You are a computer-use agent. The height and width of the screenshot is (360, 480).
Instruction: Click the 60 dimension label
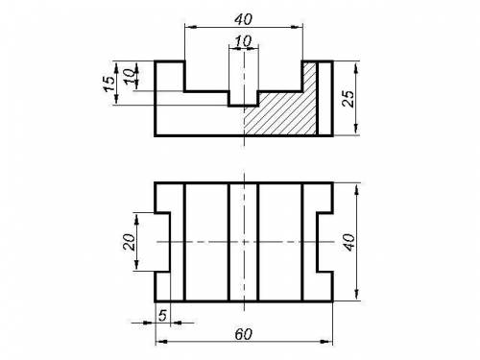click(244, 334)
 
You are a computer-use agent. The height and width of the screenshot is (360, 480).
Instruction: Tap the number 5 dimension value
click(162, 316)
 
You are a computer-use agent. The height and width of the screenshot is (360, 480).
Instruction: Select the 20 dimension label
click(129, 242)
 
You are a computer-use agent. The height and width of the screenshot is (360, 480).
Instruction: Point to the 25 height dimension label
click(348, 99)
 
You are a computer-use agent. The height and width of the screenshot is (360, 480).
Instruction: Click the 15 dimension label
click(109, 84)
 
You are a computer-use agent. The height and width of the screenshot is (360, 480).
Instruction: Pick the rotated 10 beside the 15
click(130, 77)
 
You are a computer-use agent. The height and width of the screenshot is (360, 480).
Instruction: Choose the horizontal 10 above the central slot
click(244, 41)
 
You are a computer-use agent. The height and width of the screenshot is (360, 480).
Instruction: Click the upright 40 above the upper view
click(244, 19)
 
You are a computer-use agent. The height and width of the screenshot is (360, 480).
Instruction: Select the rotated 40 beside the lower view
click(348, 242)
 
